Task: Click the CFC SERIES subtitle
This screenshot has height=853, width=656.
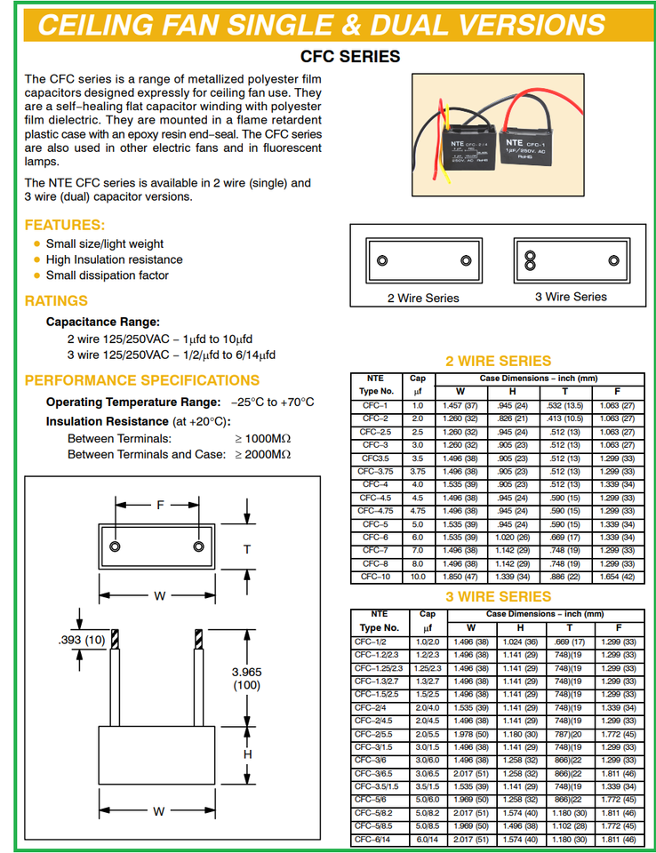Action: pos(349,57)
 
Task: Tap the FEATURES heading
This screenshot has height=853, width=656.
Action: pos(64,225)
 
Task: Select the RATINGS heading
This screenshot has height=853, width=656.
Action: pos(56,300)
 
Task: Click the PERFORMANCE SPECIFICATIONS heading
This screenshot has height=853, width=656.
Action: pos(141,380)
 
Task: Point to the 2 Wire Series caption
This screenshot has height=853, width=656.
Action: pos(423,298)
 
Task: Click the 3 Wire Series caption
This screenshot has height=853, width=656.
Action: pos(571,297)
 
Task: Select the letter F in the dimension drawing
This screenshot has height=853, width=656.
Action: pos(160,505)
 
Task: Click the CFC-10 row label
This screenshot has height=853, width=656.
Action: pos(375,578)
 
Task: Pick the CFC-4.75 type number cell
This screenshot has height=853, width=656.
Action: pos(375,511)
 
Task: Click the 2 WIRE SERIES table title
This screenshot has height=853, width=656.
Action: pos(498,361)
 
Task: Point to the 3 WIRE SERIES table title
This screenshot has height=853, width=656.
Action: pos(498,596)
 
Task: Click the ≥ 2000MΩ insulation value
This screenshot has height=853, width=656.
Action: pos(263,454)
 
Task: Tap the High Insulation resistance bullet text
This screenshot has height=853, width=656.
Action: pos(114,259)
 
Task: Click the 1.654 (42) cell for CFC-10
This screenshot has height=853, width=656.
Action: pos(619,578)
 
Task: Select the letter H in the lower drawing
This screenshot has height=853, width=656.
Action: pos(248,754)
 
